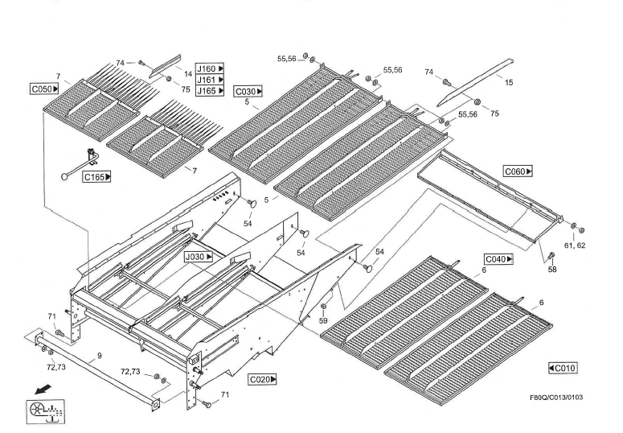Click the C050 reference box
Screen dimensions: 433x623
click(43, 89)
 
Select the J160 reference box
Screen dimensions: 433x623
click(211, 68)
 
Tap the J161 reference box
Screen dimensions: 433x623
click(211, 80)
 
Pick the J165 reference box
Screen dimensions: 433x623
click(211, 91)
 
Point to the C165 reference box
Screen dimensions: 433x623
click(96, 176)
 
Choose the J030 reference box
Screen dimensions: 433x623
click(198, 257)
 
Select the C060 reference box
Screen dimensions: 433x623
click(518, 171)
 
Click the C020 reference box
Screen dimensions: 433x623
click(263, 378)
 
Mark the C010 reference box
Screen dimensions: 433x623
click(563, 368)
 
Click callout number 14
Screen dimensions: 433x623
click(187, 73)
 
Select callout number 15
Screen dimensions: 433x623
click(509, 82)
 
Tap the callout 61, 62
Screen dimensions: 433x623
click(574, 244)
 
